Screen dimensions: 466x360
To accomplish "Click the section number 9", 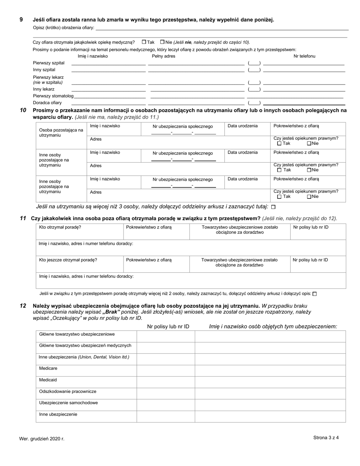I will click(21, 20).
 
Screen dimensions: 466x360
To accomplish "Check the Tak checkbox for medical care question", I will click(144, 42).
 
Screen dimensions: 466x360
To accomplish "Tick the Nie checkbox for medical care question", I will click(163, 42).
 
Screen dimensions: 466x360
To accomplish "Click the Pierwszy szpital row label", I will click(49, 63).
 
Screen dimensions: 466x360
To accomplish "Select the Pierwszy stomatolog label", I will click(53, 96).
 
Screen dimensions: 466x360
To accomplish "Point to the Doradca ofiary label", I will click(47, 103).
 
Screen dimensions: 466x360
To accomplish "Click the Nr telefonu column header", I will click(304, 56).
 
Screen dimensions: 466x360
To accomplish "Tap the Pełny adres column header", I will click(163, 56).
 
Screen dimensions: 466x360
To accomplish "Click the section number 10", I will click(23, 110).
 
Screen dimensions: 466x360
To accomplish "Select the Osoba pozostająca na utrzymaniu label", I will click(61, 133).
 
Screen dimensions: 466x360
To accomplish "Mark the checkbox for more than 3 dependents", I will click(274, 207).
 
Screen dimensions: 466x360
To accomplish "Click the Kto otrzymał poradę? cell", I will click(60, 227).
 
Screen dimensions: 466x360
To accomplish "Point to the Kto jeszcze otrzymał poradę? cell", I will click(68, 260).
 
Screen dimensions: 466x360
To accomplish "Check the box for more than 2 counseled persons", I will click(315, 294).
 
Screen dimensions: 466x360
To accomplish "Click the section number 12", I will click(23, 306).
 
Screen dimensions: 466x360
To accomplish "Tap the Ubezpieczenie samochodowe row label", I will click(68, 403).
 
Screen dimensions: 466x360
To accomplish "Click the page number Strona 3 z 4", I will click(326, 438).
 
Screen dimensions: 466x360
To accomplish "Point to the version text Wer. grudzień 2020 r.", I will click(42, 439).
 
